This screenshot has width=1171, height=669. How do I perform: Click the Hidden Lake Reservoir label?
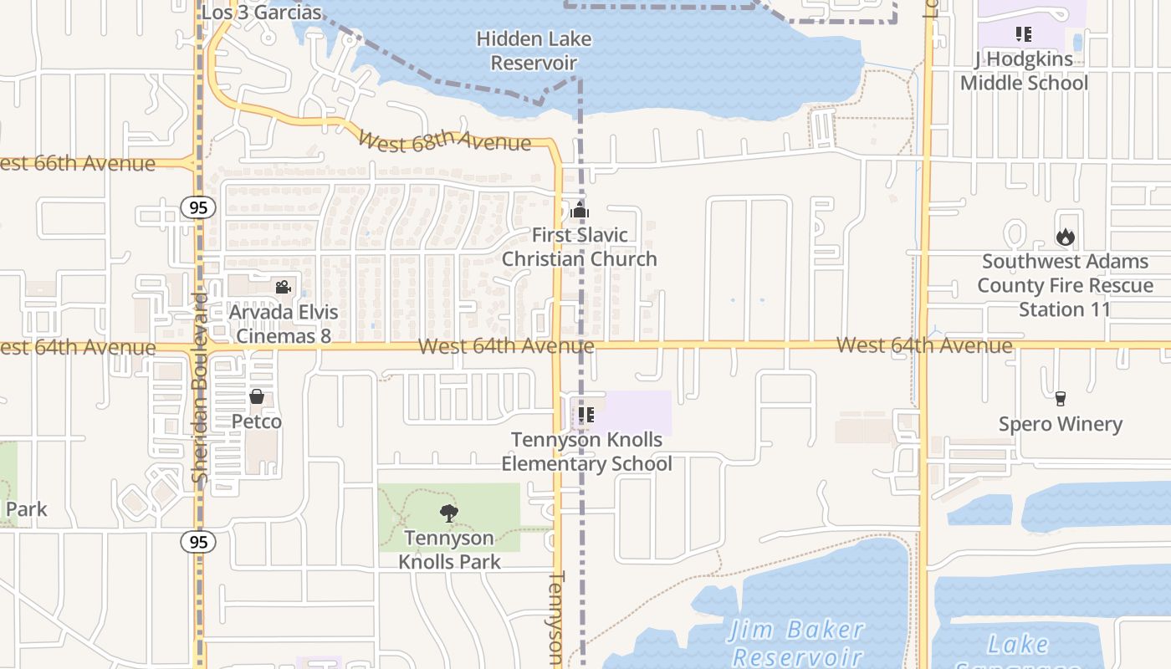coord(534,51)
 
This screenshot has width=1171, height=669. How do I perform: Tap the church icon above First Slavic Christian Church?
coord(580,210)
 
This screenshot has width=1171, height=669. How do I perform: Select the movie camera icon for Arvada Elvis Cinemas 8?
coord(284,288)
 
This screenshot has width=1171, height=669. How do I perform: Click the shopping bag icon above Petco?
coord(257,396)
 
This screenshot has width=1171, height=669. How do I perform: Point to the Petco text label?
coord(257,421)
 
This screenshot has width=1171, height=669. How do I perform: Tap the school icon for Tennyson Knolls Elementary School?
coord(586,414)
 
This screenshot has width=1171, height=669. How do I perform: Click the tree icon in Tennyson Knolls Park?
coord(449,513)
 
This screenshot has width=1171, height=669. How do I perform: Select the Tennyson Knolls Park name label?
coord(449,549)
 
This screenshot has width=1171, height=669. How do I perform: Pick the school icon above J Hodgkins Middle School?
coord(1023,34)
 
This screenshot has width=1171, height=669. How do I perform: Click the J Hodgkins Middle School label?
coord(1024,71)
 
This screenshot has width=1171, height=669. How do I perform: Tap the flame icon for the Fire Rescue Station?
coord(1065,237)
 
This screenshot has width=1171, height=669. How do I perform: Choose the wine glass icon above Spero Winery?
coord(1061,399)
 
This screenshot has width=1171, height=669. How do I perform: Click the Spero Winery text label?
coord(1061,424)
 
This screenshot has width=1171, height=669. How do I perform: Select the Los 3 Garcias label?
coord(262,13)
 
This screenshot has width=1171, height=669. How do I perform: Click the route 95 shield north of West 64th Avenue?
coord(197,207)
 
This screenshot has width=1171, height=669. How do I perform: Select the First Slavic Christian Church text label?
coord(580,247)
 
